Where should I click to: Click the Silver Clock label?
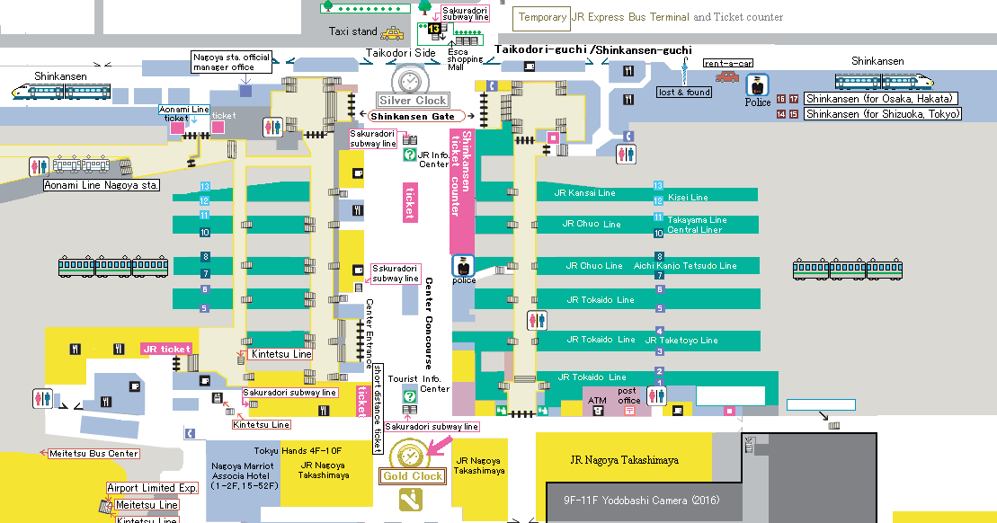point(413,101)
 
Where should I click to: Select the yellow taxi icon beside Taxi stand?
point(391,33)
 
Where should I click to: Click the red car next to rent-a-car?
point(726,77)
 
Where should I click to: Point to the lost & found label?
point(685,92)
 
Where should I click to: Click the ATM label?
point(597,400)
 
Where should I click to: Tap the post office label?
point(629,395)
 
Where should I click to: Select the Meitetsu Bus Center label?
point(93,454)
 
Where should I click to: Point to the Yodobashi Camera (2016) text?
point(642,501)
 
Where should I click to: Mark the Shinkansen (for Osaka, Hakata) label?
point(880,99)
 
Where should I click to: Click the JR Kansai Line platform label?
point(584,193)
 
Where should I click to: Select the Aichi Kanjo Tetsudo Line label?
point(684,266)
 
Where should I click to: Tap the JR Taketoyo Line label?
point(681,341)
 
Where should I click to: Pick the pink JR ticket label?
point(166,349)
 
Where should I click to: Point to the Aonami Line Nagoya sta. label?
point(102,185)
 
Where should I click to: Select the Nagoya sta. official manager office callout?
point(231,62)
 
